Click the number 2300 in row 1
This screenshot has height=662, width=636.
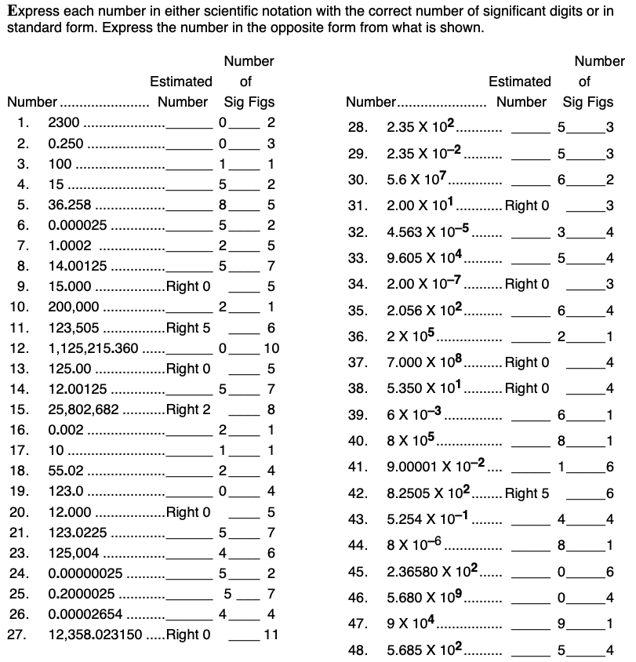64,123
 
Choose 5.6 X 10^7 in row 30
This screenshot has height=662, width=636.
416,180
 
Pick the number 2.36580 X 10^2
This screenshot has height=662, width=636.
433,570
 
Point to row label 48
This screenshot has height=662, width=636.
358,649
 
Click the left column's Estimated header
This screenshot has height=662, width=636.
180,81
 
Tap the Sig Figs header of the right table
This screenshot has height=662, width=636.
588,102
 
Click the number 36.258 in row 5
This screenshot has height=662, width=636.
69,205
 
